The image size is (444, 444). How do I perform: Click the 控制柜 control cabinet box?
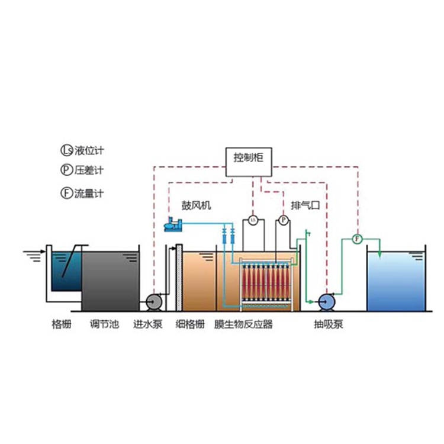pos(249,162)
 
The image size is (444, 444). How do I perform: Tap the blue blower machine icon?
pos(173,224)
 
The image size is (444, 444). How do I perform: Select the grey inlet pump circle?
pos(154,302)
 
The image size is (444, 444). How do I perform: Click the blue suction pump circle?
pos(326,302)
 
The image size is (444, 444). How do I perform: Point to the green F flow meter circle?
pos(357,239)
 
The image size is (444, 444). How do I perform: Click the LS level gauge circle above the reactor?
pos(253,220)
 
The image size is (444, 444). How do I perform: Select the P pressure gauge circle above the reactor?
pos(284,220)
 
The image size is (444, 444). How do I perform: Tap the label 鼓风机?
pos(196,205)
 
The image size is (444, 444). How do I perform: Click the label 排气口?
pos(305,205)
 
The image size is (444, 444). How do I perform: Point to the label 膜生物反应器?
pos(243,324)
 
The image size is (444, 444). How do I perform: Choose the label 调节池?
pos(104,324)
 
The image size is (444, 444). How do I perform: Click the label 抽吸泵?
pos(329,324)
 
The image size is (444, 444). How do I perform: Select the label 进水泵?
pos(148,324)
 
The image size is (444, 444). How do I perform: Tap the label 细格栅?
pos(190,324)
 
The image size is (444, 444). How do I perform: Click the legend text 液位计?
pos(89,150)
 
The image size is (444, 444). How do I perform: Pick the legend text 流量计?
pos(89,194)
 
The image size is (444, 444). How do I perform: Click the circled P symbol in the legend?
pos(67,170)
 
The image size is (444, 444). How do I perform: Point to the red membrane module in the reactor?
pos(266,283)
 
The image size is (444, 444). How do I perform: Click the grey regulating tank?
pos(111,281)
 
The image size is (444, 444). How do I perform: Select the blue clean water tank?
pos(396,281)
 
